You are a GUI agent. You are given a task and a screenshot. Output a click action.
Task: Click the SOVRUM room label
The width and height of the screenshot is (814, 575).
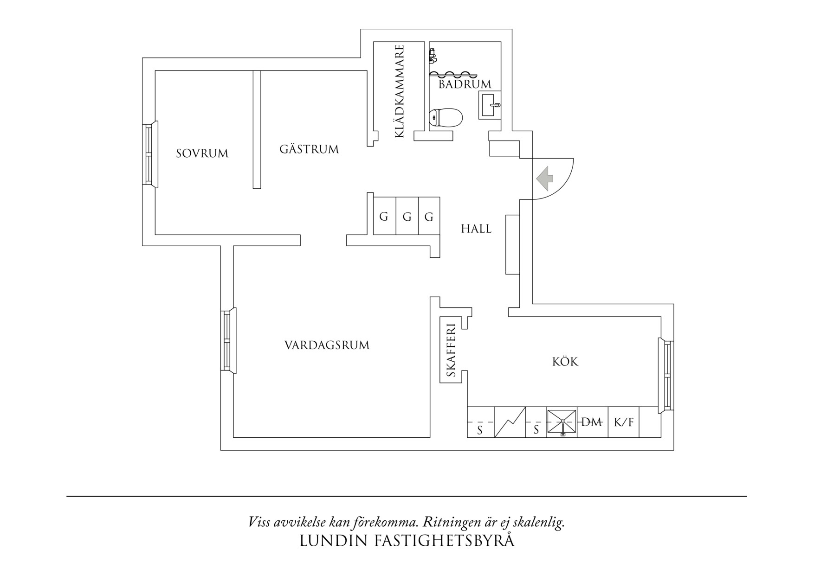[x=202, y=153]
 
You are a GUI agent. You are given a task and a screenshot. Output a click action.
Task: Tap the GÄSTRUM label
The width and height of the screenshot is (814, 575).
[x=309, y=149]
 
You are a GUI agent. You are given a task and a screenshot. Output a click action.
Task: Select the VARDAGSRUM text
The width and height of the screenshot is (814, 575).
[x=327, y=345]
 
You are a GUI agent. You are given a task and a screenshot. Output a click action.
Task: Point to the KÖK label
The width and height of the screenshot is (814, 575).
[x=565, y=362]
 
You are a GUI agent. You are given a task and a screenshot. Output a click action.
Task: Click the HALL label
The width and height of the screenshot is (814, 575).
[x=476, y=229]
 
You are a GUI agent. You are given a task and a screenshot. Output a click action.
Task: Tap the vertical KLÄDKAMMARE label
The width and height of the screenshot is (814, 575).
[x=400, y=91]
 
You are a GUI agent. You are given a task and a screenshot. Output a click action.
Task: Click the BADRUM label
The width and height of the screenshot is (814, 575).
[x=465, y=84]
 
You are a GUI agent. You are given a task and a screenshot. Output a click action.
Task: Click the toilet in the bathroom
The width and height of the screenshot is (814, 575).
[x=446, y=118]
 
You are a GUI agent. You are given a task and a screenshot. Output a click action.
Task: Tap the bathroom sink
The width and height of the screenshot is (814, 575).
[x=490, y=105]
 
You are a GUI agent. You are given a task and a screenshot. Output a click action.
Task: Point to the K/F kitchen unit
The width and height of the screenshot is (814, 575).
[x=623, y=422]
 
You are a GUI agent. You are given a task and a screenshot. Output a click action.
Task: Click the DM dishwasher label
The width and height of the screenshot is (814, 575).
[x=592, y=422]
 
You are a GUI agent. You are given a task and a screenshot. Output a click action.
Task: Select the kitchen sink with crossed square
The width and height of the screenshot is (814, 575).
[x=562, y=422]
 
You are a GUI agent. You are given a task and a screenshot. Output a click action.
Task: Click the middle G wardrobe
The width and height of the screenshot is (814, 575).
[x=407, y=217]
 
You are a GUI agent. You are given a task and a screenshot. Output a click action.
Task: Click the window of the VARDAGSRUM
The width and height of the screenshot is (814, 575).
[x=228, y=340]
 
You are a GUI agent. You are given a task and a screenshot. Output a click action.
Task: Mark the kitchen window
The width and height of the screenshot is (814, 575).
[x=666, y=376]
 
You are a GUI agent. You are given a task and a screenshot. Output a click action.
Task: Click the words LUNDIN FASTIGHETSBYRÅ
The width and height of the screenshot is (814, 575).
[x=407, y=541]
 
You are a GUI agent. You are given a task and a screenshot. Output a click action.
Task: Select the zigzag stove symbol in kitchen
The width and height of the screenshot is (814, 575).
[x=510, y=422]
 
